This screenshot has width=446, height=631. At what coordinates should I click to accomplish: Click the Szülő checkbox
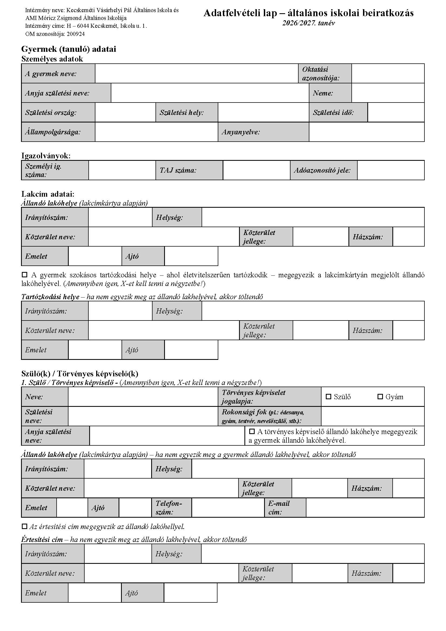(x=328, y=397)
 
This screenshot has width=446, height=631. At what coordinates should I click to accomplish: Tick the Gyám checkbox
(x=380, y=397)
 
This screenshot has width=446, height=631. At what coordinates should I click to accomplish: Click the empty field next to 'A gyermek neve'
(x=196, y=73)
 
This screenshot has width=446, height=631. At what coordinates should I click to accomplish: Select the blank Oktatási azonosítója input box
(x=388, y=73)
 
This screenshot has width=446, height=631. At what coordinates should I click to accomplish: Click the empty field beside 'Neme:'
(x=388, y=93)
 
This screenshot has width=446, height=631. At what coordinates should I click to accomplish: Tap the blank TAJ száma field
(x=256, y=170)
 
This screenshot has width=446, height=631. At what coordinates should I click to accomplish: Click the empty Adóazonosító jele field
(x=390, y=170)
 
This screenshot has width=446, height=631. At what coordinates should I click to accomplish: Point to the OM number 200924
(x=75, y=34)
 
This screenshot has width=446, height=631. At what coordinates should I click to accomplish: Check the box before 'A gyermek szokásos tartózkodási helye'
(x=25, y=275)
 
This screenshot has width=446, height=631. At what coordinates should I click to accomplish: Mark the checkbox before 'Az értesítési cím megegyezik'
(x=25, y=526)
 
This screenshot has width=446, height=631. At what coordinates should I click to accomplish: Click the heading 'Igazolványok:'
(x=46, y=156)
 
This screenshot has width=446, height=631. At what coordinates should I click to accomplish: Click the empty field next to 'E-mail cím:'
(x=365, y=507)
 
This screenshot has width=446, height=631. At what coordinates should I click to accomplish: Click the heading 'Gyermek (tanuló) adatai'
(x=69, y=49)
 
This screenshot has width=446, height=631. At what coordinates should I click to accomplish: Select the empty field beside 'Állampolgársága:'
(x=156, y=132)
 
